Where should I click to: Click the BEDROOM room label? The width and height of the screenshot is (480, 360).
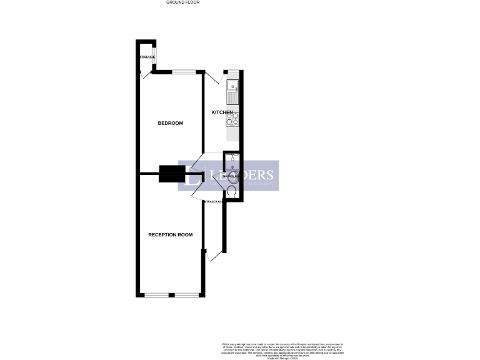pos(170,123)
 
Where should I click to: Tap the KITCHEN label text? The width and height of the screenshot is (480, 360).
pos(222,112)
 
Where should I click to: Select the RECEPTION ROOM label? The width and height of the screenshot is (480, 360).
pos(170,235)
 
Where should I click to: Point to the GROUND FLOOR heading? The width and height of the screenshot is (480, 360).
pos(182,2)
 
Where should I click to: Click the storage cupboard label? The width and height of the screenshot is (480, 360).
pos(146,57)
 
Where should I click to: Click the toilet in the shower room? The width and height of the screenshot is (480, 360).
pos(232,192)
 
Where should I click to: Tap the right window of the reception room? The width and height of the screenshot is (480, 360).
pos(186,294)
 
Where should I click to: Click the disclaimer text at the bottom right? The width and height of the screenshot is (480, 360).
pos(283,349)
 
